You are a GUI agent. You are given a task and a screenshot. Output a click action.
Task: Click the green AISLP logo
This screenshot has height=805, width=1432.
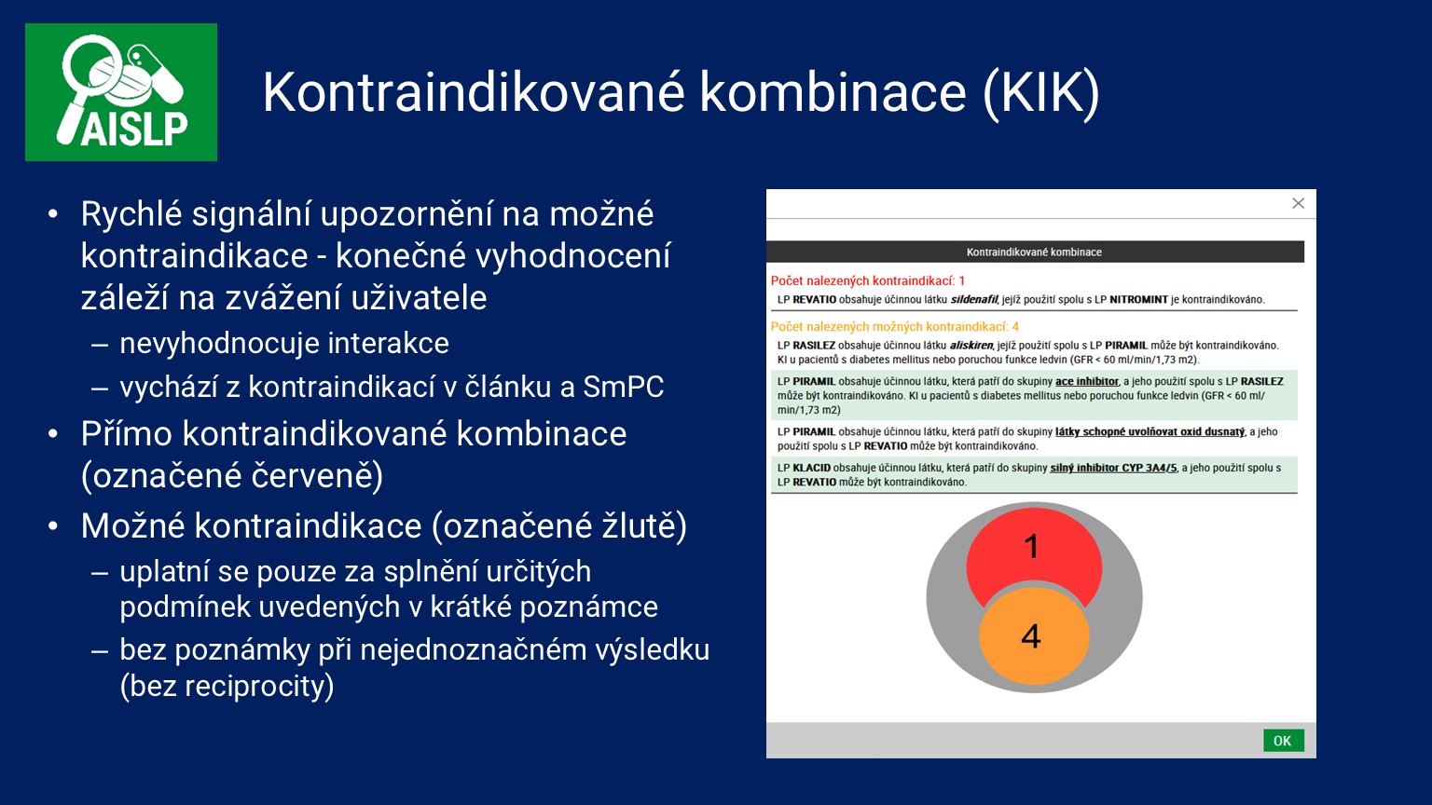point(121,92)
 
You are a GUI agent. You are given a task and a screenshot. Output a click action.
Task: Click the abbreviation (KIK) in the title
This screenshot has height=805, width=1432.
point(1041,92)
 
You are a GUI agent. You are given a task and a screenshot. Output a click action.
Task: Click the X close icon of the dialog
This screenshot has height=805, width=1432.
point(1298,203)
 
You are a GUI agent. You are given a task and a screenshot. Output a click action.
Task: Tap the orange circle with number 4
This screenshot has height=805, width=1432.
point(1033,636)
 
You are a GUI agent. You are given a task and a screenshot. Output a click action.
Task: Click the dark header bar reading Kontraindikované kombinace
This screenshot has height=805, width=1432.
point(1034,252)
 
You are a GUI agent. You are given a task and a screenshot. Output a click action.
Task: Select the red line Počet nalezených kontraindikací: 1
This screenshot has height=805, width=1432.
point(867,280)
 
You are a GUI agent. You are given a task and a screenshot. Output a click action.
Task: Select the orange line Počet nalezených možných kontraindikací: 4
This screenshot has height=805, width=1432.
point(894,326)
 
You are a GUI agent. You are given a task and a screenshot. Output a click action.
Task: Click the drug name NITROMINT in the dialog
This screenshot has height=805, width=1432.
point(1138,300)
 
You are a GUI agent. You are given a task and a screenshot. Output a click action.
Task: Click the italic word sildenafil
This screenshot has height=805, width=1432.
point(973,300)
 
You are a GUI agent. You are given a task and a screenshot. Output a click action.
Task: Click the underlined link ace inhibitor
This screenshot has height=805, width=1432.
point(1086,382)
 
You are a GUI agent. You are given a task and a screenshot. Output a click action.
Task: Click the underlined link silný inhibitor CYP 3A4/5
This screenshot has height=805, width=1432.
point(1113,468)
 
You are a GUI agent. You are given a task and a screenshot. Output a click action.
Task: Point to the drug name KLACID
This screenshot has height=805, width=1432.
point(811,468)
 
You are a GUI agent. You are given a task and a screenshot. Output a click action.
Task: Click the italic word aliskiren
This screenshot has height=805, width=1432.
point(971,345)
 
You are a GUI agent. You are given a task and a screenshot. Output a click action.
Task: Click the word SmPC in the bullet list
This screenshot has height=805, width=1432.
point(623,387)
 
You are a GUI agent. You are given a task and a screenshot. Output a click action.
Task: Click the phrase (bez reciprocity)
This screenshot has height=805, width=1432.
point(227,686)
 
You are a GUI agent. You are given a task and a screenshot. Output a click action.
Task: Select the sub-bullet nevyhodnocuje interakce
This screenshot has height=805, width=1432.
point(283,343)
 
